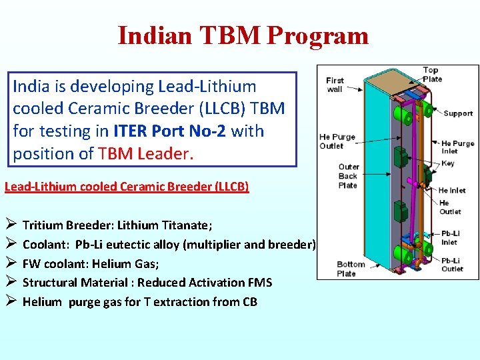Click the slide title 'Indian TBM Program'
click(x=243, y=35)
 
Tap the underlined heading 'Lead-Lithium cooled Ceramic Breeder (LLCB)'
click(x=127, y=187)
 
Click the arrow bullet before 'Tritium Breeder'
click(x=10, y=225)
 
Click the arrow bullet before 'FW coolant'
click(x=10, y=263)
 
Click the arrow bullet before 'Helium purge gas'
click(x=10, y=301)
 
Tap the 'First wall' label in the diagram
click(x=335, y=85)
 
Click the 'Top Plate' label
click(x=431, y=75)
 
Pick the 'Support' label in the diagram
click(x=457, y=113)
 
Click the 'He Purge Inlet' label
click(x=457, y=147)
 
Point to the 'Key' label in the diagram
click(x=448, y=163)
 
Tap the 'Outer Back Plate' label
click(x=348, y=176)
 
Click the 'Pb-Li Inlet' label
click(x=450, y=238)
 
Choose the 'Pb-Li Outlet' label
click(x=451, y=265)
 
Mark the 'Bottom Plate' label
click(x=351, y=269)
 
